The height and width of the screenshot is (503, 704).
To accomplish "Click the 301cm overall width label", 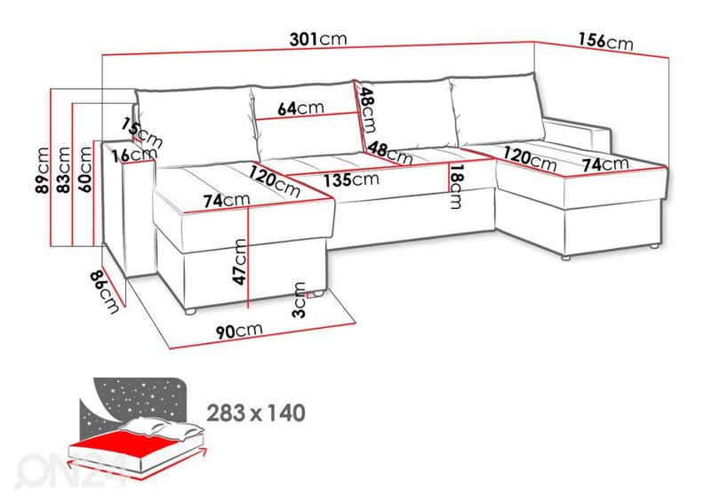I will [317, 39].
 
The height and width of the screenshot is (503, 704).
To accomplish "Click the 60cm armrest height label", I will [85, 169].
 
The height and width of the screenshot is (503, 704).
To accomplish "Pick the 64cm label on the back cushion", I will [300, 108].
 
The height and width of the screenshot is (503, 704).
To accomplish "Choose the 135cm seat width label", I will [352, 178].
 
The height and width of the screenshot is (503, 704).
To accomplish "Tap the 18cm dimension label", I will [456, 187].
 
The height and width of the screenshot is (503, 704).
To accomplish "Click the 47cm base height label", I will [239, 260].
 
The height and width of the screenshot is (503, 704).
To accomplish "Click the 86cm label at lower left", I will [108, 291].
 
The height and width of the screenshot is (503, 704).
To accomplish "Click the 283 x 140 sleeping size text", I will [255, 412].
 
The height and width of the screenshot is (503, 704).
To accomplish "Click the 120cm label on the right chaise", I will [530, 160].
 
